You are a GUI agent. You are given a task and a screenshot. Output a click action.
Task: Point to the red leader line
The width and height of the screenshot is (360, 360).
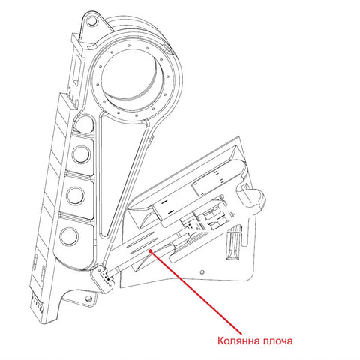coord(196,292)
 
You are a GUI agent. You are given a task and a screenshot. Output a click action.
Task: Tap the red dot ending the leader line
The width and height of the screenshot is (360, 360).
coord(150,251)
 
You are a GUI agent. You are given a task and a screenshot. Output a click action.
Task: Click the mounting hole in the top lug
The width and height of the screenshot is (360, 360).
coord(92,21)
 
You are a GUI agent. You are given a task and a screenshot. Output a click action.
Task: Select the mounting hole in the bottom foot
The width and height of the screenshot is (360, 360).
coord(88,298)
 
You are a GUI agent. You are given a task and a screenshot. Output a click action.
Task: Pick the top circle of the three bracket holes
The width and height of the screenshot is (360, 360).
coord(81,154)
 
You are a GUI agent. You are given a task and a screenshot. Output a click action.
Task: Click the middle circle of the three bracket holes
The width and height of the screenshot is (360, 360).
coord(76,196)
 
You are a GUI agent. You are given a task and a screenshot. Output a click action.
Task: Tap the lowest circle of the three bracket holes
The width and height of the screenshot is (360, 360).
coord(69,236)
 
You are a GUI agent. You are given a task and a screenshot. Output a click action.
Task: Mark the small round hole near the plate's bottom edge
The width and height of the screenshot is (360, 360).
coord(202,272)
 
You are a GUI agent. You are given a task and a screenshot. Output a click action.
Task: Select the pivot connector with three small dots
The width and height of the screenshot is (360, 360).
coord(104,277)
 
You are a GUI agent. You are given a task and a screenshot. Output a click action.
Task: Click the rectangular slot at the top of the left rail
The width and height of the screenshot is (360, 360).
coord(76,70)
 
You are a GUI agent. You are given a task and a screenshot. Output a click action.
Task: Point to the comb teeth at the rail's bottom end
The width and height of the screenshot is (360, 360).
coord(37,301)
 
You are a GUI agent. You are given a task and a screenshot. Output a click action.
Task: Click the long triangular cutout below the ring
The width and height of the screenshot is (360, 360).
coord(122,175)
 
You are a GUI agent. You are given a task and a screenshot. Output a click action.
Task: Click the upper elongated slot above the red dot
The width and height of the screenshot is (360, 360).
coord(142,238)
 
